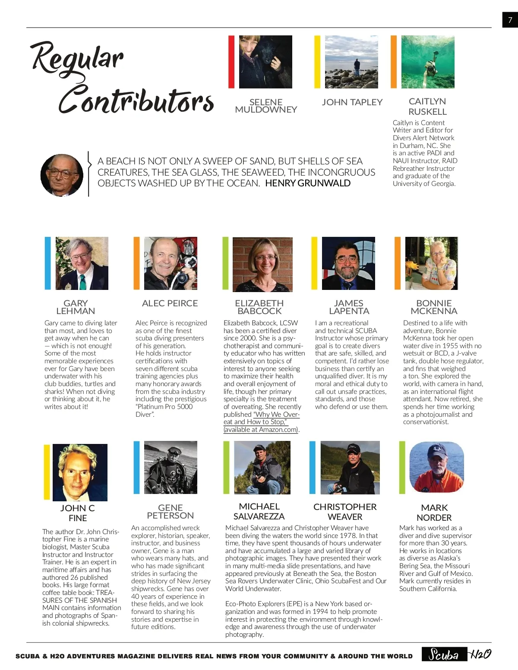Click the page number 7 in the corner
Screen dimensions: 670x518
[x=510, y=20]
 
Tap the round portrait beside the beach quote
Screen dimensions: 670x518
[x=62, y=175]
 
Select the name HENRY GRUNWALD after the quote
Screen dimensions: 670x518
[x=307, y=183]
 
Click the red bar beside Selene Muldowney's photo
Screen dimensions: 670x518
[x=231, y=62]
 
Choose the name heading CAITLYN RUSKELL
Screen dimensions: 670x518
[x=427, y=106]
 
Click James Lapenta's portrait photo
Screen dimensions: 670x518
[x=348, y=263]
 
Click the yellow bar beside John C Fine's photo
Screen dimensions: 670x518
[x=47, y=472]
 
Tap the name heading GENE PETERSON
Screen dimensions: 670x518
[x=171, y=511]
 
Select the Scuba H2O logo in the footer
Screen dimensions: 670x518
[x=457, y=654]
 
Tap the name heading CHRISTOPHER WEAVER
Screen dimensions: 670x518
[x=345, y=512]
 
